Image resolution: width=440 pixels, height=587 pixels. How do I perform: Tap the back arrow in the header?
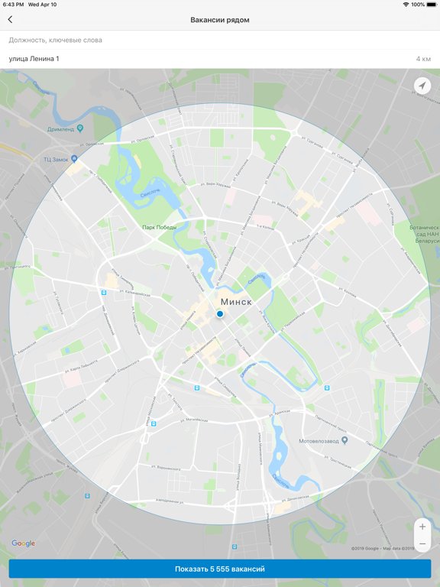pyautogui.click(x=10, y=20)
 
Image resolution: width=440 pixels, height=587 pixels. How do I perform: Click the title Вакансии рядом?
pyautogui.click(x=220, y=20)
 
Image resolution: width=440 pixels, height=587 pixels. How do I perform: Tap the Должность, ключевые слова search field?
pyautogui.click(x=153, y=40)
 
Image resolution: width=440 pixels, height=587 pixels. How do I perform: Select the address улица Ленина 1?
pyautogui.click(x=34, y=59)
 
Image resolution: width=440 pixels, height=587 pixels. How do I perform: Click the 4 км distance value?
pyautogui.click(x=423, y=59)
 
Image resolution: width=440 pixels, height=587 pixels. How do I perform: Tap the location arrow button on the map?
pyautogui.click(x=422, y=86)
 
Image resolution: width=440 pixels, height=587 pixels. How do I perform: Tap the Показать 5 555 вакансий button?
pyautogui.click(x=220, y=569)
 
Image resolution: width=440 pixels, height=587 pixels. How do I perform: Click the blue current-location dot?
pyautogui.click(x=220, y=314)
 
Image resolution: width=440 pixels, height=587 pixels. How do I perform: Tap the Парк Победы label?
pyautogui.click(x=159, y=227)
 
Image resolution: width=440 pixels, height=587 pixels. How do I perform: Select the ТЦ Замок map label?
pyautogui.click(x=57, y=159)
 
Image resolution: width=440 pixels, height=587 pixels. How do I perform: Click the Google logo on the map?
pyautogui.click(x=23, y=543)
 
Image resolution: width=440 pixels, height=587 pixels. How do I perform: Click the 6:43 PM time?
pyautogui.click(x=13, y=5)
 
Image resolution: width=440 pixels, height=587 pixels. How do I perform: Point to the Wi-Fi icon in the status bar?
pyautogui.click(x=406, y=5)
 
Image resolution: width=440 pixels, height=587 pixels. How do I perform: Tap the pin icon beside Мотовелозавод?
pyautogui.click(x=345, y=441)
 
